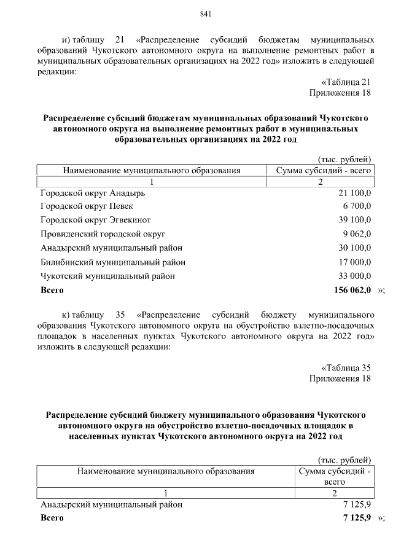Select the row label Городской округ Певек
87,206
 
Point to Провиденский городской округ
103,234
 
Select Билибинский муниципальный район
113,262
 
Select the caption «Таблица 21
346,82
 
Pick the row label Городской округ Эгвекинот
96,220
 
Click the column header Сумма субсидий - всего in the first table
324,170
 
